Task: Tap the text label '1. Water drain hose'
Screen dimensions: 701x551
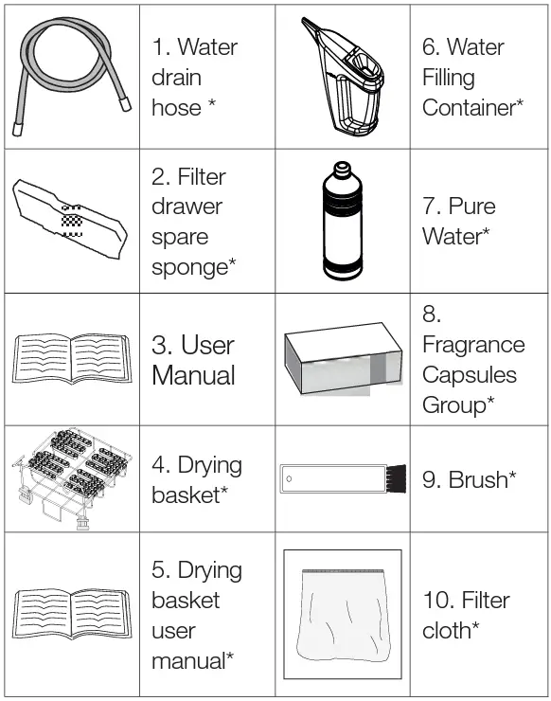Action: coord(194,77)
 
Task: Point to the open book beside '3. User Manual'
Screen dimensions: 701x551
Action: coord(71,362)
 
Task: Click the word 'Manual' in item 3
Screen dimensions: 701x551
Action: coord(193,375)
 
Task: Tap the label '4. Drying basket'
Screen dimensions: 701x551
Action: coord(196,480)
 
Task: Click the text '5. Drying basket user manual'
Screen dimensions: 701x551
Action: coord(196,615)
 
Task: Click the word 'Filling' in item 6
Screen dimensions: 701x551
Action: coord(449,77)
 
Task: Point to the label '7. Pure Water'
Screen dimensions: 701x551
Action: coord(458,221)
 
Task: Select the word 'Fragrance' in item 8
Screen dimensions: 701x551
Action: coord(472,344)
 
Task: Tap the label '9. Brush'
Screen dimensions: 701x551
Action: coord(469,479)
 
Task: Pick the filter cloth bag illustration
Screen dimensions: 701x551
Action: coord(342,616)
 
